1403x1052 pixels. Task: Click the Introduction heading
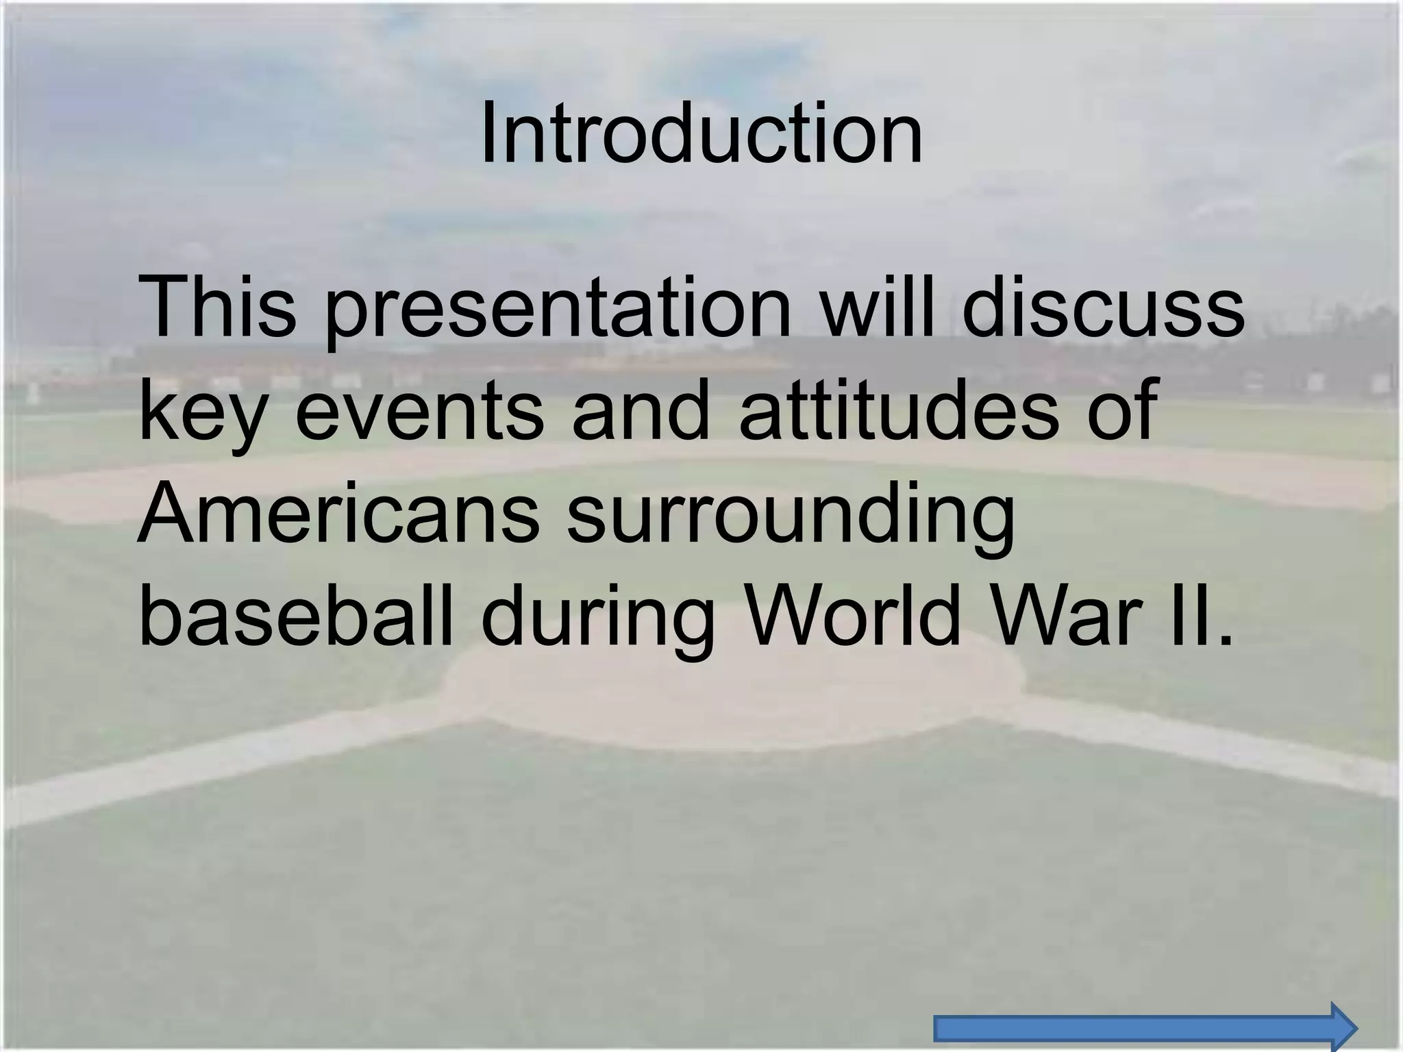tap(701, 134)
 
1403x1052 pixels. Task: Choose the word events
tap(419, 411)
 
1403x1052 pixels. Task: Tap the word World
tap(853, 613)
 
